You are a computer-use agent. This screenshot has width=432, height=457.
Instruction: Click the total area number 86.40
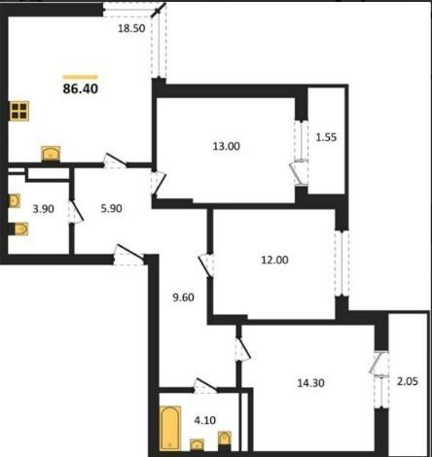pyautogui.click(x=81, y=88)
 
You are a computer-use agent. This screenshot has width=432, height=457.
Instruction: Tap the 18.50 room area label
pyautogui.click(x=131, y=28)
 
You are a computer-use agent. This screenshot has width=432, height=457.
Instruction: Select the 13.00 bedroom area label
pyautogui.click(x=227, y=146)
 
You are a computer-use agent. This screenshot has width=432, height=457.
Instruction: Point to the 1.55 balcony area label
pyautogui.click(x=326, y=137)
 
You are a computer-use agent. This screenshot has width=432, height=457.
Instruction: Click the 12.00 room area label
pyautogui.click(x=274, y=260)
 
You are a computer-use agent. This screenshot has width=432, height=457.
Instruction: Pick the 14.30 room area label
pyautogui.click(x=311, y=383)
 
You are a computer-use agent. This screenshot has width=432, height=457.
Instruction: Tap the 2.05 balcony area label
pyautogui.click(x=408, y=381)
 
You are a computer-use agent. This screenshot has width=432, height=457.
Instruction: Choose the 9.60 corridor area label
pyautogui.click(x=183, y=298)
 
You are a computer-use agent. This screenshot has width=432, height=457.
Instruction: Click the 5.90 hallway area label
pyautogui.click(x=111, y=208)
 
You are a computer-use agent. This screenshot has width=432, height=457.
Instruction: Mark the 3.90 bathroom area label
pyautogui.click(x=44, y=209)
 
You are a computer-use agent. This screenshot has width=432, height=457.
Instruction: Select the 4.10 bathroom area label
pyautogui.click(x=205, y=420)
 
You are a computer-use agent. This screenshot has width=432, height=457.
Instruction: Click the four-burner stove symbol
pyautogui.click(x=18, y=111)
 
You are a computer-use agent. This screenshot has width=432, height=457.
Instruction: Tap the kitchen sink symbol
pyautogui.click(x=51, y=154)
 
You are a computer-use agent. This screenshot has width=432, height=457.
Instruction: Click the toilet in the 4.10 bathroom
pyautogui.click(x=225, y=439)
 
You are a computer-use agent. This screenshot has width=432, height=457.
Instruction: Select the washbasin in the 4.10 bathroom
pyautogui.click(x=197, y=444)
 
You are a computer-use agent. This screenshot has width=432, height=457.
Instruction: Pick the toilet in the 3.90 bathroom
pyautogui.click(x=20, y=228)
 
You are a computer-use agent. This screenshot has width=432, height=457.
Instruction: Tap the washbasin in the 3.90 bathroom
pyautogui.click(x=15, y=201)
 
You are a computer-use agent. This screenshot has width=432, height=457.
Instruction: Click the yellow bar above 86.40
pyautogui.click(x=81, y=77)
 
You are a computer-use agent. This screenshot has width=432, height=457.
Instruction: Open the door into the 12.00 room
pyautogui.click(x=206, y=265)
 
